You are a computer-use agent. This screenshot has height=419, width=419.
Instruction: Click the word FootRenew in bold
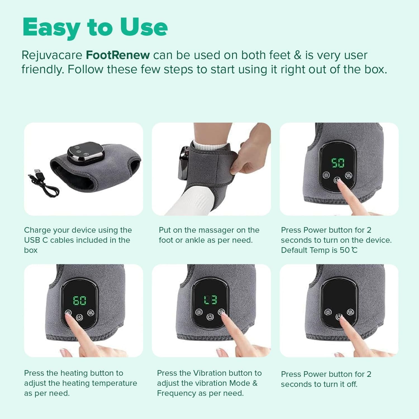click(118, 55)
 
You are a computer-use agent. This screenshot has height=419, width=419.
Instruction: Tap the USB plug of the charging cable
click(37, 172)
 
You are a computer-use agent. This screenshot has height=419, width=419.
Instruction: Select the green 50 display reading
click(338, 163)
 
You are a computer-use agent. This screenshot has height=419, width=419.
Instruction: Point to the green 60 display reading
click(80, 301)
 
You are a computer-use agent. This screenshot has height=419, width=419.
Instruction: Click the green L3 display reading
click(210, 300)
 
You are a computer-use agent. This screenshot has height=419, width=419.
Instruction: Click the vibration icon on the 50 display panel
click(348, 175)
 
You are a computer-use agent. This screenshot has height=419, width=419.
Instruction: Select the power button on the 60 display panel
click(79, 318)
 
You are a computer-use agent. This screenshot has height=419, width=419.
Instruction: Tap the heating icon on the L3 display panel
click(199, 312)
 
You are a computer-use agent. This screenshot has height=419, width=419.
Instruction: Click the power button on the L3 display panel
click(210, 317)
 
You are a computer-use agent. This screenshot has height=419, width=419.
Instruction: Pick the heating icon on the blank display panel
click(328, 312)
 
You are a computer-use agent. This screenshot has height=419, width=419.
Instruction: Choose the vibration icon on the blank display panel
click(350, 312)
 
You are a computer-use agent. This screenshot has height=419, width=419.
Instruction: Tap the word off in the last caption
click(352, 384)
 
